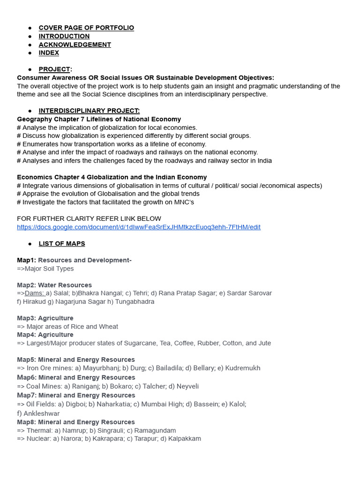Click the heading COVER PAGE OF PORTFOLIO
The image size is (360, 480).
click(x=86, y=28)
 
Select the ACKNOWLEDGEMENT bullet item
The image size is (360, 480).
click(x=75, y=45)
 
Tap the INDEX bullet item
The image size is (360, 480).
click(x=49, y=53)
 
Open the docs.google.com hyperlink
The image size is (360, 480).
click(x=139, y=227)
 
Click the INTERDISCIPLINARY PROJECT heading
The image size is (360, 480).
click(x=89, y=111)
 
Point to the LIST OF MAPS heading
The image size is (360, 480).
click(x=62, y=244)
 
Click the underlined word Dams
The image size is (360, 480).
click(x=35, y=293)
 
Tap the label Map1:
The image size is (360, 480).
click(x=26, y=260)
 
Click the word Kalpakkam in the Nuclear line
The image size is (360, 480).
click(x=184, y=439)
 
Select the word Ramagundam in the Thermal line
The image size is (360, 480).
click(x=155, y=430)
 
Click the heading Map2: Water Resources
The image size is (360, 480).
click(x=54, y=285)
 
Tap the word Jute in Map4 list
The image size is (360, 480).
click(x=264, y=343)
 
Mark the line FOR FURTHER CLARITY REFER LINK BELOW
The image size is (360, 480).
click(x=89, y=218)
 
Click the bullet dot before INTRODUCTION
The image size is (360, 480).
click(x=30, y=36)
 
